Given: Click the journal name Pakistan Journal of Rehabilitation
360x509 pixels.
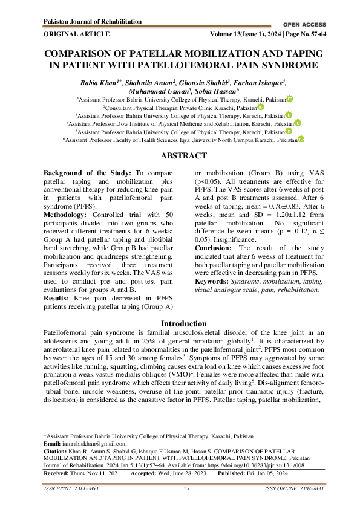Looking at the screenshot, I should click(x=93, y=22).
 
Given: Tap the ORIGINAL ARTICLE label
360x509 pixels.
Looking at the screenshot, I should click(x=77, y=34).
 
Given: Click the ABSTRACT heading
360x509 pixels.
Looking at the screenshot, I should click(x=180, y=155).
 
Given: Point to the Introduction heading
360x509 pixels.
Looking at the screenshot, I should click(x=180, y=324).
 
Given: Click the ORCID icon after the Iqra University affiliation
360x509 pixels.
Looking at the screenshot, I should click(x=301, y=139).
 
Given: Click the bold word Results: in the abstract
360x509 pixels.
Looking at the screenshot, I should click(x=57, y=299).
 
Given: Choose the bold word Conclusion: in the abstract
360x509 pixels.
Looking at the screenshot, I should click(x=215, y=265).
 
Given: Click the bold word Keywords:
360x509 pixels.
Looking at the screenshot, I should click(x=214, y=282).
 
